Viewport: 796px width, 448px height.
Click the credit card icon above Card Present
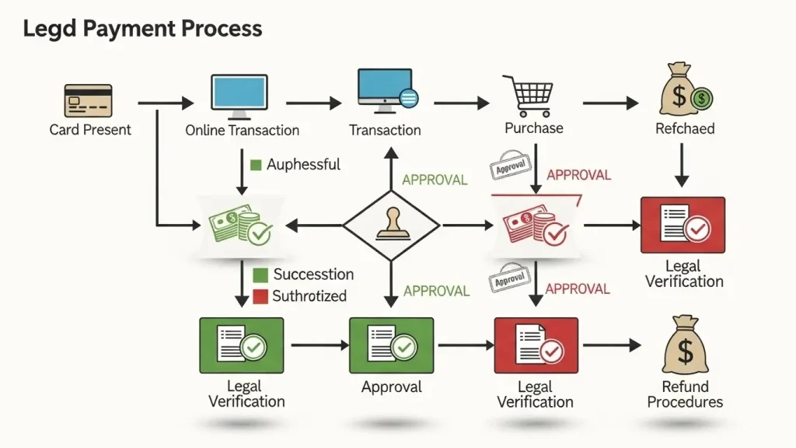coord(88,101)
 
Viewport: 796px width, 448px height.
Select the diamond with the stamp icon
coord(392,226)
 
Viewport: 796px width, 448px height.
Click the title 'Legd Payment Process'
coord(142,30)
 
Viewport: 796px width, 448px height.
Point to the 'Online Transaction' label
coord(242,131)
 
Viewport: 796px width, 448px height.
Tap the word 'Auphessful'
coord(303,164)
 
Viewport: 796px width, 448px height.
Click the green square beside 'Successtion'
coord(261,275)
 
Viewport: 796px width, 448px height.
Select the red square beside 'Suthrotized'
coord(261,296)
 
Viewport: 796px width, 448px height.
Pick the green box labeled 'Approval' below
coord(392,345)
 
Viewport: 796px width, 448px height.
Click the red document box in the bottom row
coord(536,345)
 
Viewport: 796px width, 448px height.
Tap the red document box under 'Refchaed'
coord(683,225)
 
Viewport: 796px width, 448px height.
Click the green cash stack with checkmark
coord(239,225)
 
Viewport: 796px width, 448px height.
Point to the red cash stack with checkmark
coord(536,225)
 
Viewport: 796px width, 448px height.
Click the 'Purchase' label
coord(534,128)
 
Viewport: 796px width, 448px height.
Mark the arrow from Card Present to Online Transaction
coord(166,103)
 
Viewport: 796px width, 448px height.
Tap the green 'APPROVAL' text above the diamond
coord(435,180)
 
